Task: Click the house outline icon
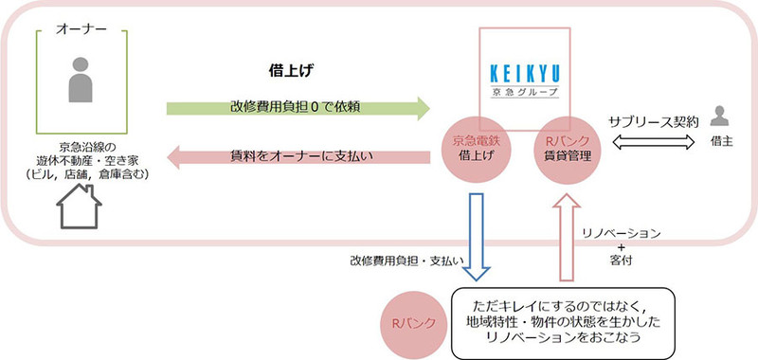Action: coord(80,207)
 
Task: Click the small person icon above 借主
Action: coord(719,116)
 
